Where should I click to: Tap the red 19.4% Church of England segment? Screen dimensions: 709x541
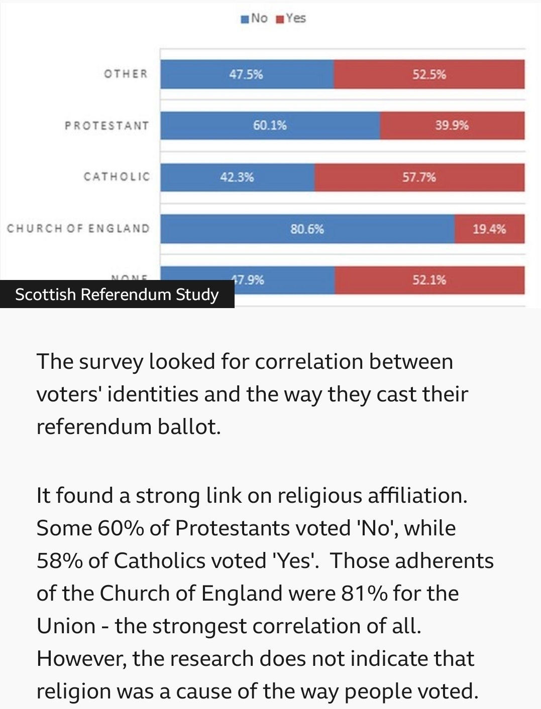(489, 229)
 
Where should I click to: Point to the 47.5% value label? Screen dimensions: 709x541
(246, 74)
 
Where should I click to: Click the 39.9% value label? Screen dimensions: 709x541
(452, 125)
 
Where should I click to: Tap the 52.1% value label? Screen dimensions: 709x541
(429, 279)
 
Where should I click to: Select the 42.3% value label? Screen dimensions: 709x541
(237, 177)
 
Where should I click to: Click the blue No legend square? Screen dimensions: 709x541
(245, 19)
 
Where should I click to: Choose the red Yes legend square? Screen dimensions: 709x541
(280, 19)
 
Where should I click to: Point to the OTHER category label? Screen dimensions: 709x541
(126, 74)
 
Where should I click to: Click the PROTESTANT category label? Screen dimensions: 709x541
(106, 125)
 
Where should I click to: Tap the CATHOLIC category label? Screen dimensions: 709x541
(117, 177)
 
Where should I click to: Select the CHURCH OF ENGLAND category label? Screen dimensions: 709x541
(78, 228)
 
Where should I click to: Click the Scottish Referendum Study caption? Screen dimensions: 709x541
(117, 294)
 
